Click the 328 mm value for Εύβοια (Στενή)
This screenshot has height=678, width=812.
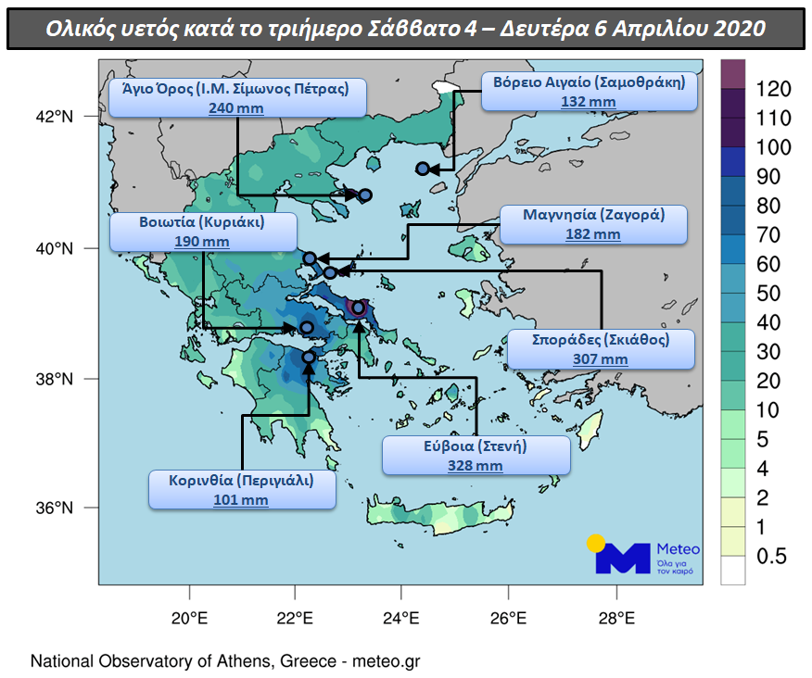[476, 466]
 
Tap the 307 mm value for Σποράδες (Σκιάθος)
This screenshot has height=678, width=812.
[601, 359]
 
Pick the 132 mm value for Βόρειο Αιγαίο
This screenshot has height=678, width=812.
[589, 101]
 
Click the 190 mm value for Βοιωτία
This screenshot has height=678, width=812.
[202, 242]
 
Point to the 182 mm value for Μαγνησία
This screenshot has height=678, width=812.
[593, 234]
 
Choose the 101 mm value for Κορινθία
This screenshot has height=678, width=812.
[241, 500]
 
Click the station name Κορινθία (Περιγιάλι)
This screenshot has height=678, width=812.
[241, 481]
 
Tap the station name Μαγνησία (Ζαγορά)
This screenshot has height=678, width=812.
[593, 215]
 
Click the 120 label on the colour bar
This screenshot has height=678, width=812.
[772, 89]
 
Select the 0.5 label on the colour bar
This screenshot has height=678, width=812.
[772, 557]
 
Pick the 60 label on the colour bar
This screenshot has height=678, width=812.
[768, 265]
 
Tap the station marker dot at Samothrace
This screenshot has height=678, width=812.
[423, 169]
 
